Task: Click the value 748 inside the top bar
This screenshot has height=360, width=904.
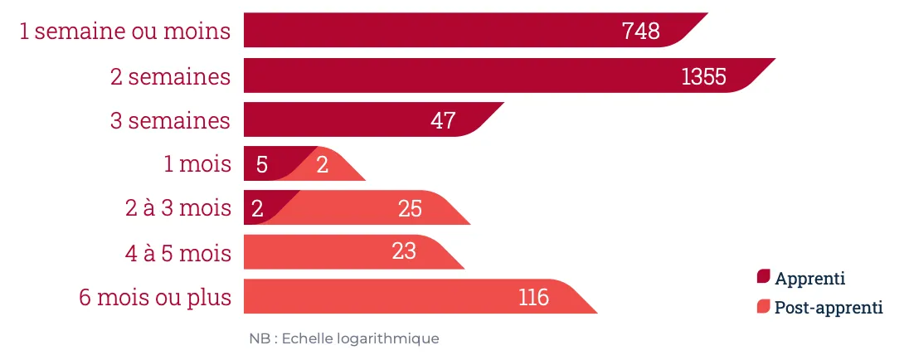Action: [x=640, y=32]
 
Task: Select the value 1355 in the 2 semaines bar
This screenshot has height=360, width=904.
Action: [x=703, y=76]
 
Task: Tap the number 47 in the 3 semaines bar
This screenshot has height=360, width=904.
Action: [x=443, y=120]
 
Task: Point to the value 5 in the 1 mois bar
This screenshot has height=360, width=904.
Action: [x=262, y=164]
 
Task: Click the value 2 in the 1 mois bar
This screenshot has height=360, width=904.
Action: [x=323, y=164]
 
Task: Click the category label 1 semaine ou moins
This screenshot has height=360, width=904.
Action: [x=124, y=32]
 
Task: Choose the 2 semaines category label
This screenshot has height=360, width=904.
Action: [x=170, y=76]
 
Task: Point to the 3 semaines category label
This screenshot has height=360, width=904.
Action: [x=170, y=120]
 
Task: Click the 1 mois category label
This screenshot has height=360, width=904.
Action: [x=197, y=164]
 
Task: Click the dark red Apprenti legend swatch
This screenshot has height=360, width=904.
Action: [x=764, y=277]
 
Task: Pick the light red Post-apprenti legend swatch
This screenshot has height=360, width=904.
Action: [x=764, y=307]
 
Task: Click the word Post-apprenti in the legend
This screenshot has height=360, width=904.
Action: [x=829, y=308]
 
